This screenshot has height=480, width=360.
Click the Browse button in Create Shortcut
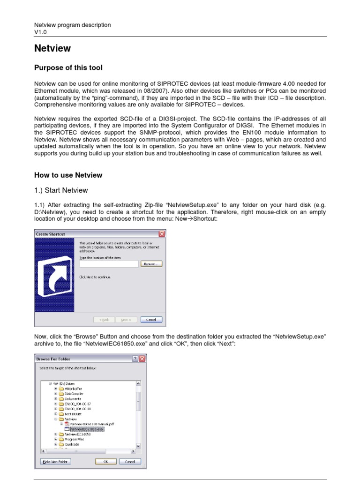150,264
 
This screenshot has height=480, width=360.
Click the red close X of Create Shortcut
162,234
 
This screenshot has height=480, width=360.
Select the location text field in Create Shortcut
109,264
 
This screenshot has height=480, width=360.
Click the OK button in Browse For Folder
106,461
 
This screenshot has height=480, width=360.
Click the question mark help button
135,359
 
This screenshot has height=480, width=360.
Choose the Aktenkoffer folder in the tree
73,389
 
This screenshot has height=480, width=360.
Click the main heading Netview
52,48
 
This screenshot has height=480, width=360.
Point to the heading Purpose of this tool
68,68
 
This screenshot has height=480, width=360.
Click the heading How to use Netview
68,175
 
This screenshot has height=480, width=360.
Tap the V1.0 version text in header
41,32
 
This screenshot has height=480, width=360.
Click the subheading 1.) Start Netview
61,190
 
